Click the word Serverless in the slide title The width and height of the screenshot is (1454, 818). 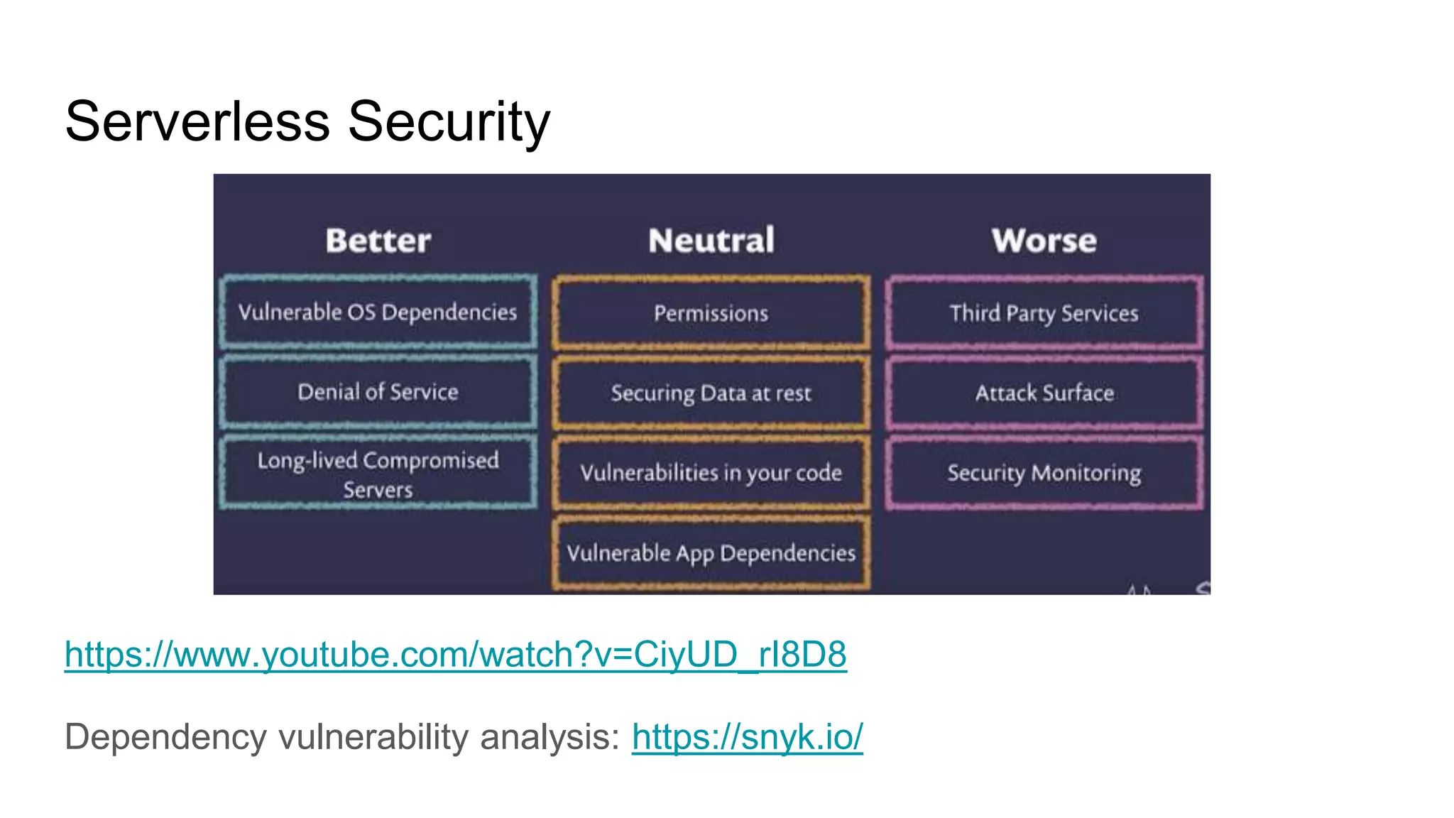pyautogui.click(x=197, y=121)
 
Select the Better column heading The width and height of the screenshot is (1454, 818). pyautogui.click(x=378, y=241)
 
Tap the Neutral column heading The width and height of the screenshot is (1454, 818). pyautogui.click(x=711, y=241)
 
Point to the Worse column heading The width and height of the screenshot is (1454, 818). pyautogui.click(x=1044, y=241)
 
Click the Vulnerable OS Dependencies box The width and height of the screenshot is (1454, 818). pyautogui.click(x=378, y=312)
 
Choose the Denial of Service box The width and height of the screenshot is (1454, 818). pyautogui.click(x=378, y=392)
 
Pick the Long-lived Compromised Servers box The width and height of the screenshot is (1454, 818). pyautogui.click(x=378, y=474)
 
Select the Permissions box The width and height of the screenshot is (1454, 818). pyautogui.click(x=711, y=313)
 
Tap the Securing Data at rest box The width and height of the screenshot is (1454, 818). pyautogui.click(x=711, y=393)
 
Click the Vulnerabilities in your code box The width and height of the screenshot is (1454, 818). pyautogui.click(x=711, y=473)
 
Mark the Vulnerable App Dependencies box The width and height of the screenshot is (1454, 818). pyautogui.click(x=711, y=553)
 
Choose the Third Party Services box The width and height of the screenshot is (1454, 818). pyautogui.click(x=1044, y=313)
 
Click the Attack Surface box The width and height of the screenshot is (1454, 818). pyautogui.click(x=1044, y=393)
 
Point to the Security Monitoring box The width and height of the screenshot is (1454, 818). pyautogui.click(x=1044, y=473)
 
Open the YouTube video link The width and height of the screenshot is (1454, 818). pyautogui.click(x=455, y=654)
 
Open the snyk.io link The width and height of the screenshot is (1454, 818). pyautogui.click(x=747, y=736)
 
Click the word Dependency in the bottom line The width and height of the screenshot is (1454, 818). pyautogui.click(x=165, y=736)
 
